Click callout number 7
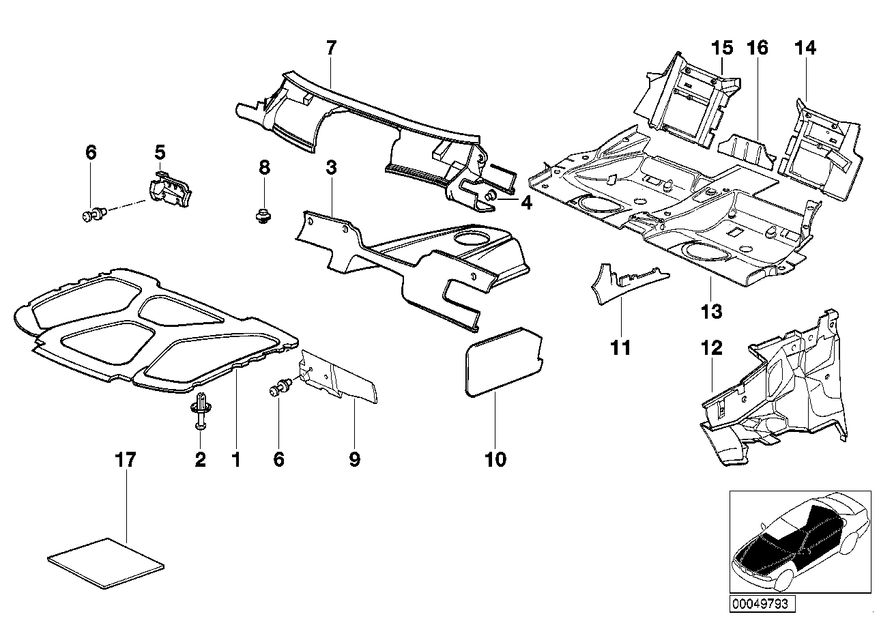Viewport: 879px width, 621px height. coord(331,48)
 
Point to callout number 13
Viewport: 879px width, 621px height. coord(711,311)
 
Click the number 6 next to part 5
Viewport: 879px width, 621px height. coord(91,152)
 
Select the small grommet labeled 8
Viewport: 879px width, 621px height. coord(262,216)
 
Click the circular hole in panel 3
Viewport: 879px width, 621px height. coord(472,238)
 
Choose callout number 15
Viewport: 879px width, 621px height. coord(721,48)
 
